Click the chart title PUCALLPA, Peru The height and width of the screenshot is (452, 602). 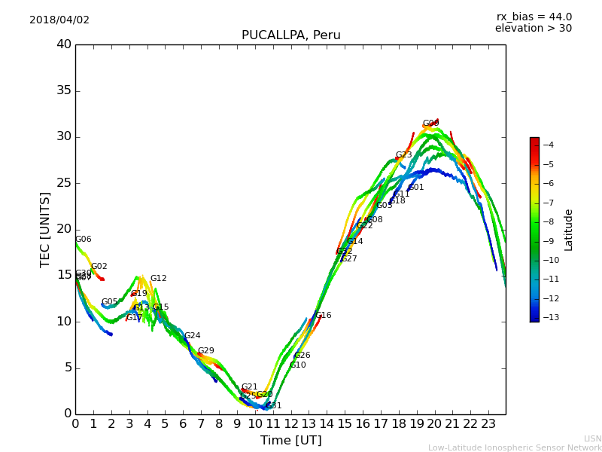click(x=290, y=35)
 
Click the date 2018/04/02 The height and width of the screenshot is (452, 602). click(x=59, y=20)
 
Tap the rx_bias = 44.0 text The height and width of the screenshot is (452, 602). click(x=534, y=17)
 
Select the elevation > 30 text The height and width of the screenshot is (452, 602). click(x=533, y=29)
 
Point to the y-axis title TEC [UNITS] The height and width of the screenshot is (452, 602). click(x=45, y=229)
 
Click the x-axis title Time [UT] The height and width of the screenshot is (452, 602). click(x=290, y=441)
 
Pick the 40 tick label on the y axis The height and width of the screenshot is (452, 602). click(x=63, y=44)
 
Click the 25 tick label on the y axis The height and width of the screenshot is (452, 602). click(x=63, y=183)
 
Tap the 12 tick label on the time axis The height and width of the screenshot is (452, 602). click(x=290, y=424)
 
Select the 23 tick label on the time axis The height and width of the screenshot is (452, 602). click(x=488, y=424)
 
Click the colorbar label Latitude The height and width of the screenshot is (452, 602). click(x=569, y=229)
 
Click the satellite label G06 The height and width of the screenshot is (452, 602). click(x=83, y=240)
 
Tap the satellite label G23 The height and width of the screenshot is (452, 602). click(x=403, y=155)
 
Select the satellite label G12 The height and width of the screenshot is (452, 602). click(x=158, y=279)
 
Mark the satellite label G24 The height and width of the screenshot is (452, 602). click(x=192, y=336)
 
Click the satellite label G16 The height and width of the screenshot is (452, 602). click(x=323, y=316)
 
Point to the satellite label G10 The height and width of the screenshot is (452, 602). click(x=297, y=365)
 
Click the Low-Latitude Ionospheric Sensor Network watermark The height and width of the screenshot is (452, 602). click(x=515, y=447)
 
